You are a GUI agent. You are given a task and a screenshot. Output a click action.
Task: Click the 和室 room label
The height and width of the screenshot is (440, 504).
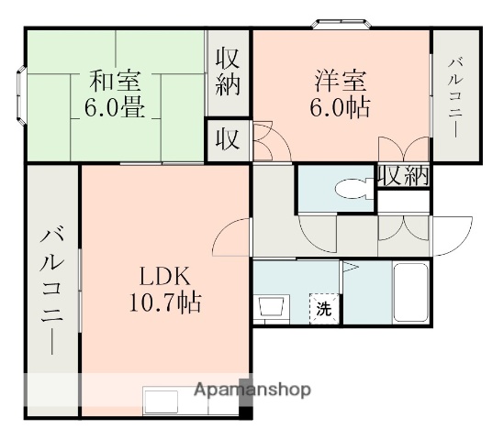[x=112, y=80]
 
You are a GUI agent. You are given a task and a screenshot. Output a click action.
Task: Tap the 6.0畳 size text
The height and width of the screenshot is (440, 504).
[x=112, y=107]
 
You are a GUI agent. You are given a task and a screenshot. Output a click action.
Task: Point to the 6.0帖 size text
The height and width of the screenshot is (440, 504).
[x=339, y=107]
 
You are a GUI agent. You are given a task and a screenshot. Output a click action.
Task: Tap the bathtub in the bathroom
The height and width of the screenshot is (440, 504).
[x=410, y=292]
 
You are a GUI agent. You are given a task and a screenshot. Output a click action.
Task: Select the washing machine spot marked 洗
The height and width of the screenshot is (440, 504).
[x=323, y=308]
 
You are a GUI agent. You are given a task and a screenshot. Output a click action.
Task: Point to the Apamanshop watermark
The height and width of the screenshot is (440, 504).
[x=252, y=390]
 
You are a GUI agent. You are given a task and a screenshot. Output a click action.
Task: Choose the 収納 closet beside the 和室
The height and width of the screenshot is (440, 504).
[x=228, y=73]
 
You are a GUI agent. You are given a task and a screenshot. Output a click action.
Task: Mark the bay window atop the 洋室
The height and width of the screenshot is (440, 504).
[x=342, y=24]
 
